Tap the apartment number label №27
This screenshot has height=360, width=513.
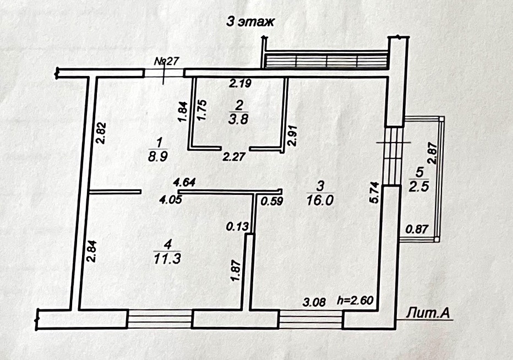(167, 61)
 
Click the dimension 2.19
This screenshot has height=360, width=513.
(240, 84)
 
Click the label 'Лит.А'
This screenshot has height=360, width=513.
(429, 313)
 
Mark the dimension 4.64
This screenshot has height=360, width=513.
(184, 182)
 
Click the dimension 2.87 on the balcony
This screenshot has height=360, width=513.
(433, 154)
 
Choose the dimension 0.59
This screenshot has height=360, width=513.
(271, 201)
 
